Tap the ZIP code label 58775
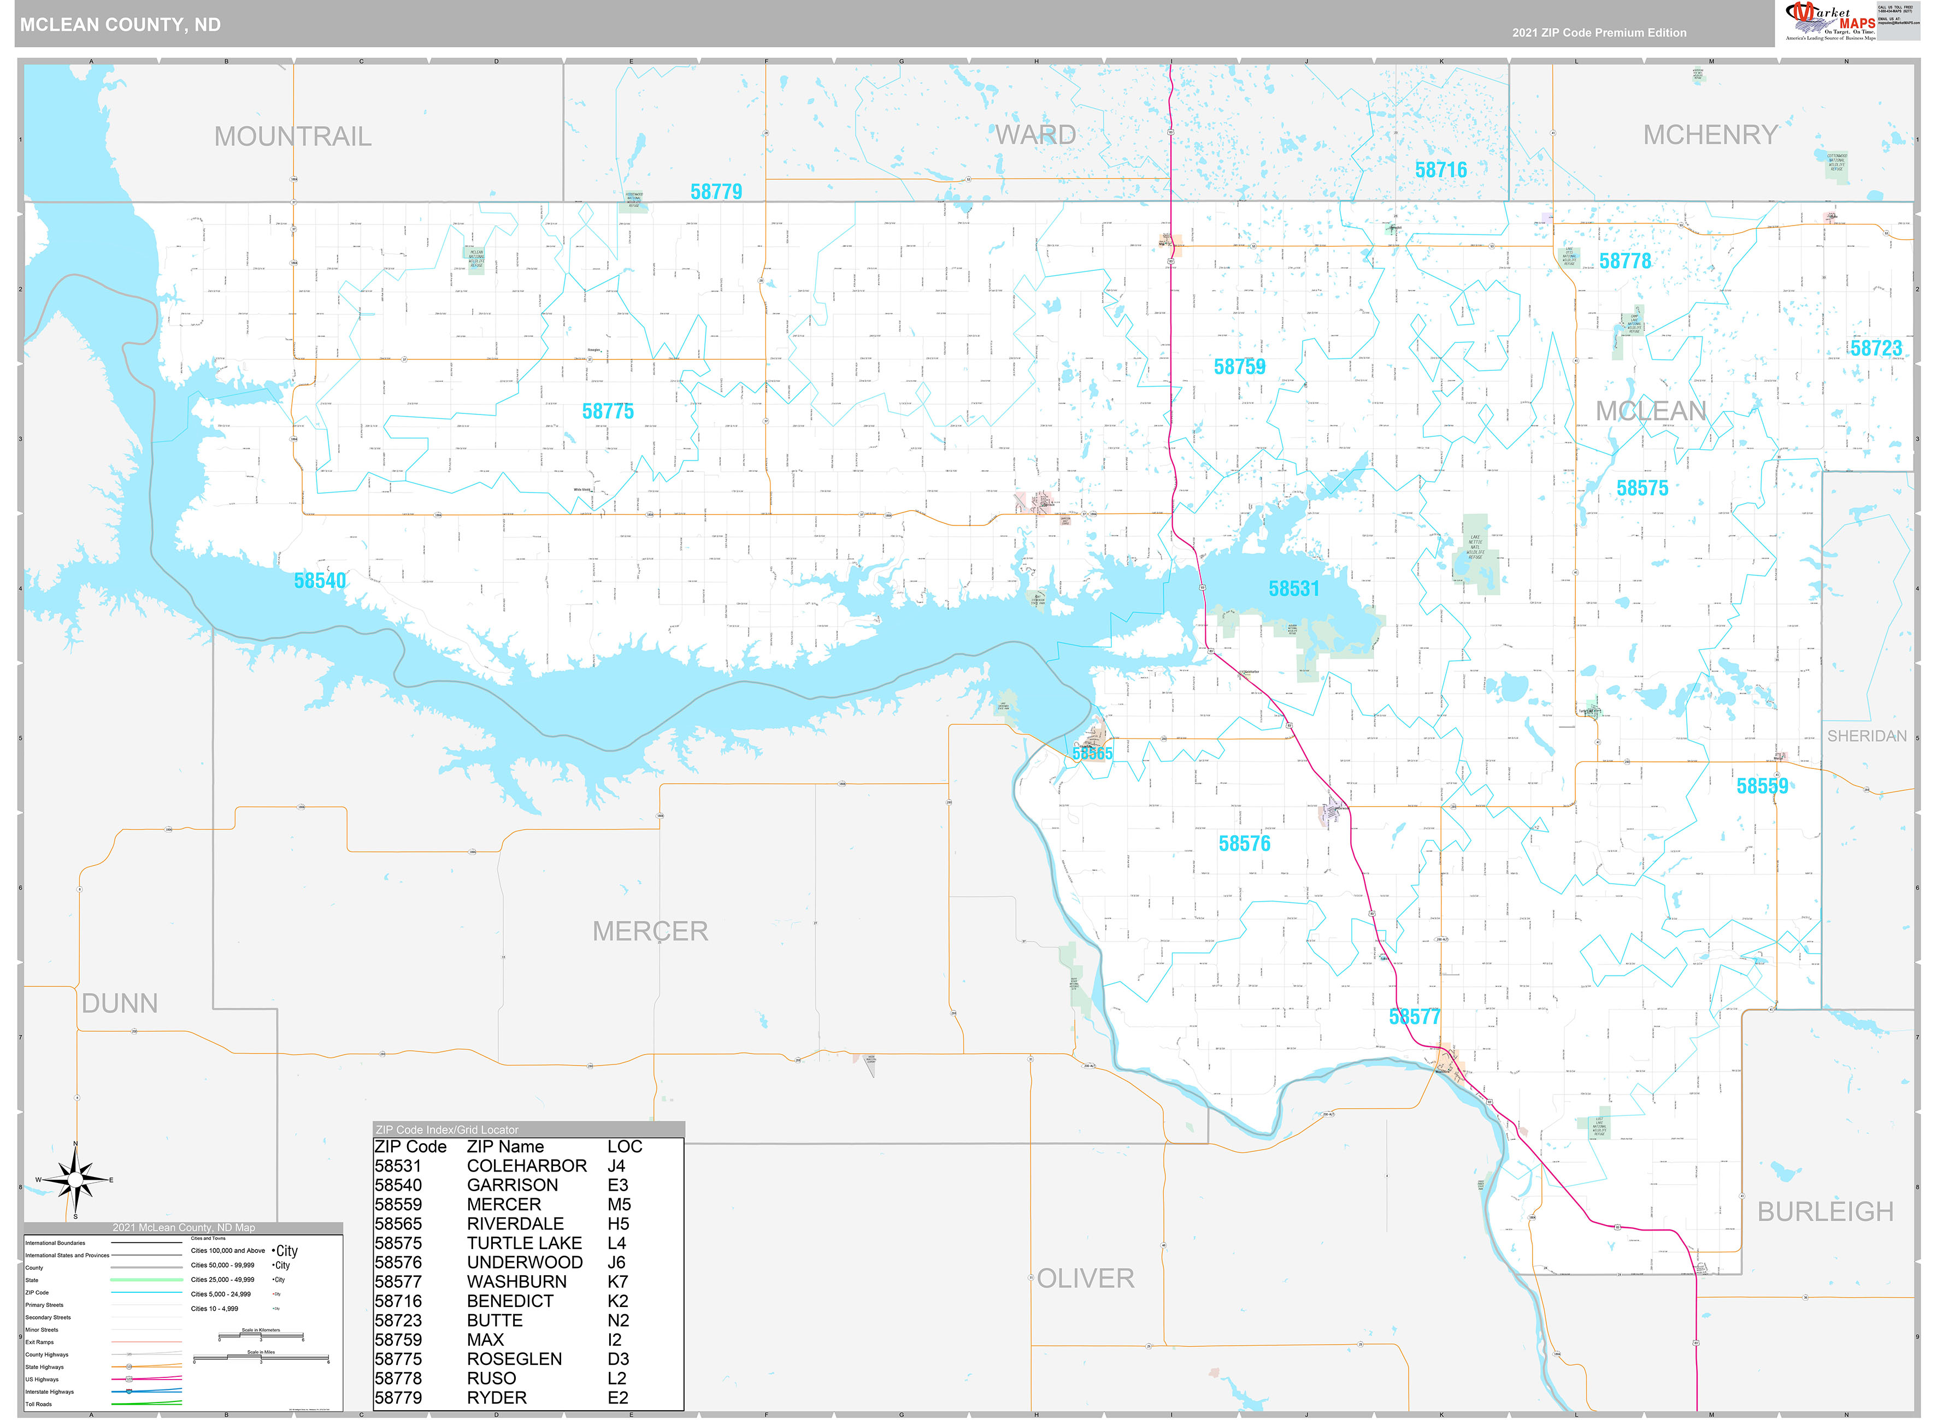(607, 412)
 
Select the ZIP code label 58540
(320, 581)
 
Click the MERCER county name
(650, 931)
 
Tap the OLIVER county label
(1085, 1278)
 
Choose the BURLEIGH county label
(1824, 1211)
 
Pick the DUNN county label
(120, 1003)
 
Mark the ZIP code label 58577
(1414, 1017)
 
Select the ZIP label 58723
(1875, 348)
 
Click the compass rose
(75, 1180)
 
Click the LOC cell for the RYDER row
(617, 1398)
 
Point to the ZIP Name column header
(505, 1147)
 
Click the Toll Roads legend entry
(39, 1404)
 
